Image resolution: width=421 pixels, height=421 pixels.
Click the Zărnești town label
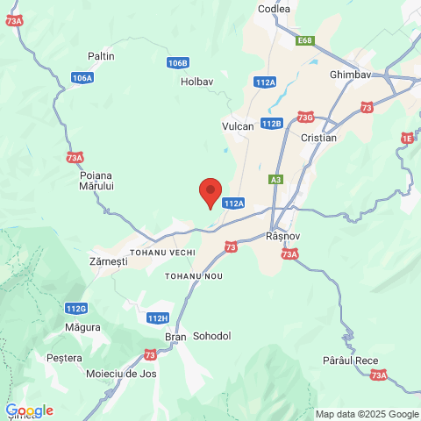pos(109,261)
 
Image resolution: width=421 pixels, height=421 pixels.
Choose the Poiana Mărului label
pos(96,181)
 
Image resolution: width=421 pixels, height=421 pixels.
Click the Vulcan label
pos(238,126)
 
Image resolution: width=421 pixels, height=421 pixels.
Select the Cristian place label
pos(318,139)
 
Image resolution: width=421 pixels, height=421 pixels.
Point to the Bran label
pos(175,336)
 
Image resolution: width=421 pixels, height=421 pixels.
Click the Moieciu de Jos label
pos(121,374)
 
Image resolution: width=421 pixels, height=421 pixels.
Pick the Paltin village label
pos(102,56)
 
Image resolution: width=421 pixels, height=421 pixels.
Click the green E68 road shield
pos(304,40)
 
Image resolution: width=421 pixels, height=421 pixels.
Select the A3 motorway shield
pos(276,180)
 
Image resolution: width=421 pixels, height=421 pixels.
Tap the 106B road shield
pos(178,63)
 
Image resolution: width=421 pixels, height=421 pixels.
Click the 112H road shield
pos(158,318)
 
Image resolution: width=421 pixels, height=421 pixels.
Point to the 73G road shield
pos(305,117)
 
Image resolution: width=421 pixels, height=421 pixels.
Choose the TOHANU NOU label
pos(194,275)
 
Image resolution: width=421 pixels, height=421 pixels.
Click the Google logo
pos(29,410)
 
